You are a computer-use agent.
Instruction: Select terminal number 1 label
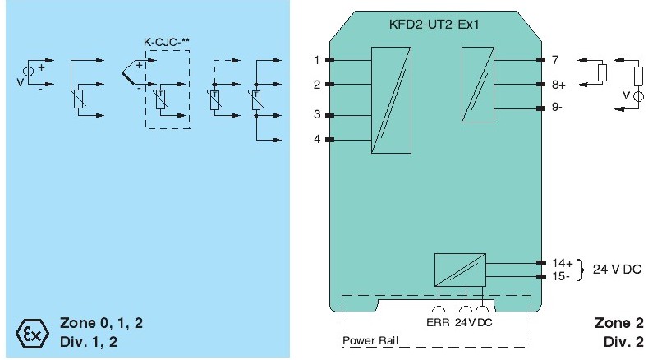coord(317,60)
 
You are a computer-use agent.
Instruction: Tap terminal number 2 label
coord(317,84)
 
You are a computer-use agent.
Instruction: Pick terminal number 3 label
coord(317,115)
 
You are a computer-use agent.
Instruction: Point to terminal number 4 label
coord(317,139)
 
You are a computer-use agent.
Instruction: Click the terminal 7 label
coord(555,60)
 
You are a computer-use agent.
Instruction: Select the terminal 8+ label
coord(558,84)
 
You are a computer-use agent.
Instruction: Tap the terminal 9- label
coord(558,108)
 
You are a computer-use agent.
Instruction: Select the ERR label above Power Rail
coord(437,322)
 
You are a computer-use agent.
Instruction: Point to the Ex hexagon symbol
coord(29,333)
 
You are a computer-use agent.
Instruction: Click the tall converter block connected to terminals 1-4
coord(391,99)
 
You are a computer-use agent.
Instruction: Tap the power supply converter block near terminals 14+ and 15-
coord(460,269)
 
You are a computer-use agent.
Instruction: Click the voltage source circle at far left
coord(28,72)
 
